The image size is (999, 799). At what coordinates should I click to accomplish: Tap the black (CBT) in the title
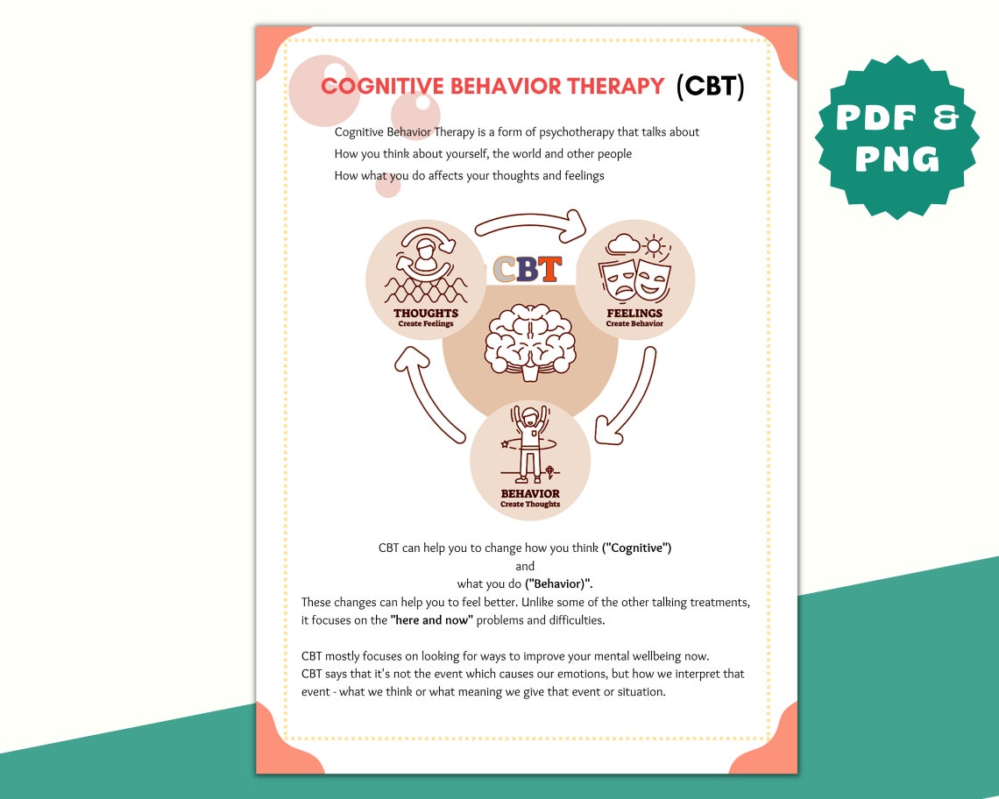click(x=710, y=87)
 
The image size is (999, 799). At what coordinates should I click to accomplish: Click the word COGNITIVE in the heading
click(x=382, y=86)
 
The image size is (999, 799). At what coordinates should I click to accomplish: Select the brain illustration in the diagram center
click(x=529, y=340)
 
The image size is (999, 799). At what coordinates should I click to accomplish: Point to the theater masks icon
click(x=634, y=279)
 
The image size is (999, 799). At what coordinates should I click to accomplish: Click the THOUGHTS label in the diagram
click(x=426, y=313)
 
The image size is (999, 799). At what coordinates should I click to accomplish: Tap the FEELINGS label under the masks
click(x=634, y=313)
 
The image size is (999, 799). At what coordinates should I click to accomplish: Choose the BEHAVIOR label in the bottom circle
click(x=530, y=493)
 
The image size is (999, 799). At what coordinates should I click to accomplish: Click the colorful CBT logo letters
click(x=528, y=269)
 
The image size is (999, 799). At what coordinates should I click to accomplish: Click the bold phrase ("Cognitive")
click(x=636, y=548)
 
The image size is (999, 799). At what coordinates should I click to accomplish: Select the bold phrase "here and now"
click(x=432, y=620)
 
